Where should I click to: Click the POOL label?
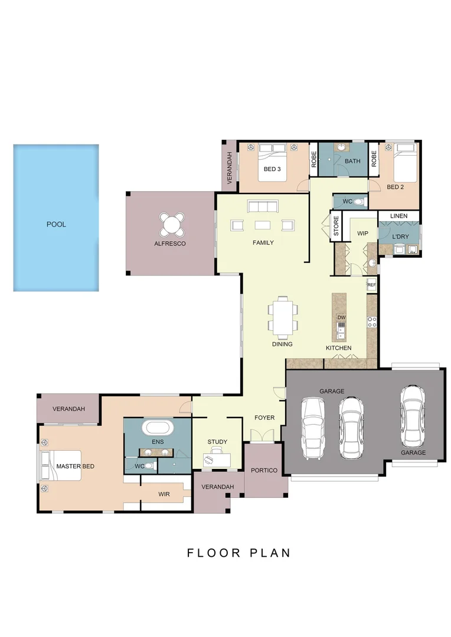point(56,225)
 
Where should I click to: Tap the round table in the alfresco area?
point(171,224)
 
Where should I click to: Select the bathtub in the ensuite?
point(157,427)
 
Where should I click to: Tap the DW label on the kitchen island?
point(341,318)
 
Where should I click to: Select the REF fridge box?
point(371,285)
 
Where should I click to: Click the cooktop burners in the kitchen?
point(372,321)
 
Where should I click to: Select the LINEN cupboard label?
point(398,216)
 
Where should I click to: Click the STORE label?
point(336,227)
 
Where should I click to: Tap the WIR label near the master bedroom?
point(164,494)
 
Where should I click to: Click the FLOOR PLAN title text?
point(239,553)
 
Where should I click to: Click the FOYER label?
point(264,418)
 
